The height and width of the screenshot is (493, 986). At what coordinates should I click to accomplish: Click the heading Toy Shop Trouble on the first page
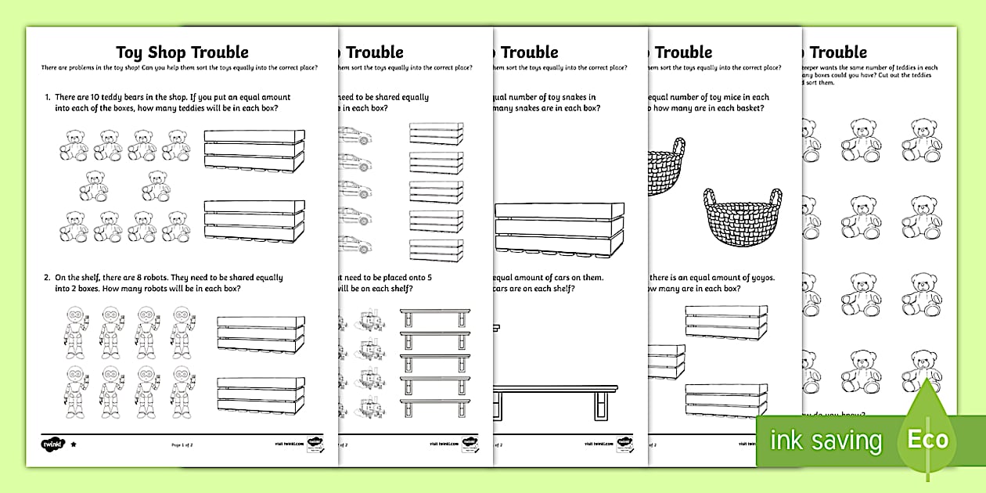pos(182,52)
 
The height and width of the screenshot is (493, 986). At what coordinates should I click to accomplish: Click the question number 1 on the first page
pos(47,98)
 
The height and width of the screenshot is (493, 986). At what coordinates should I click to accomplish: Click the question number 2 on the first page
pos(47,278)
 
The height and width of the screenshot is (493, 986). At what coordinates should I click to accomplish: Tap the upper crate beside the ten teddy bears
pos(254,150)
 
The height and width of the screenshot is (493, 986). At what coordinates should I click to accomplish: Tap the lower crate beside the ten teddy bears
pos(254,222)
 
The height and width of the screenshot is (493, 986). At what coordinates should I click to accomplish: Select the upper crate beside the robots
pos(261,334)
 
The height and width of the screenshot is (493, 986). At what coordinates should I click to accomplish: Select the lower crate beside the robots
pos(261,396)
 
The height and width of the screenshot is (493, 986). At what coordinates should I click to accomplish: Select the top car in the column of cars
pos(356,135)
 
